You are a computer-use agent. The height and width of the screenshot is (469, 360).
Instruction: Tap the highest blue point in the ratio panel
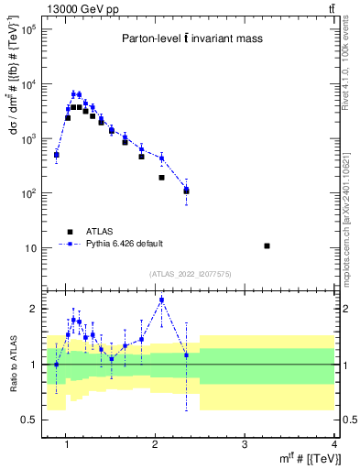(161, 300)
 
